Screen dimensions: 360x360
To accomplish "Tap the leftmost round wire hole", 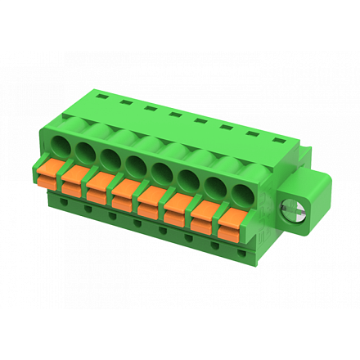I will (x=62, y=147).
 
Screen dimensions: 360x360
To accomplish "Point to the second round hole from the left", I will (x=86, y=152).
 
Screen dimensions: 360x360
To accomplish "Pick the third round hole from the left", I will (x=110, y=158).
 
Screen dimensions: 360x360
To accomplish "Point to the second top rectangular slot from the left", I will (x=125, y=101).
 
